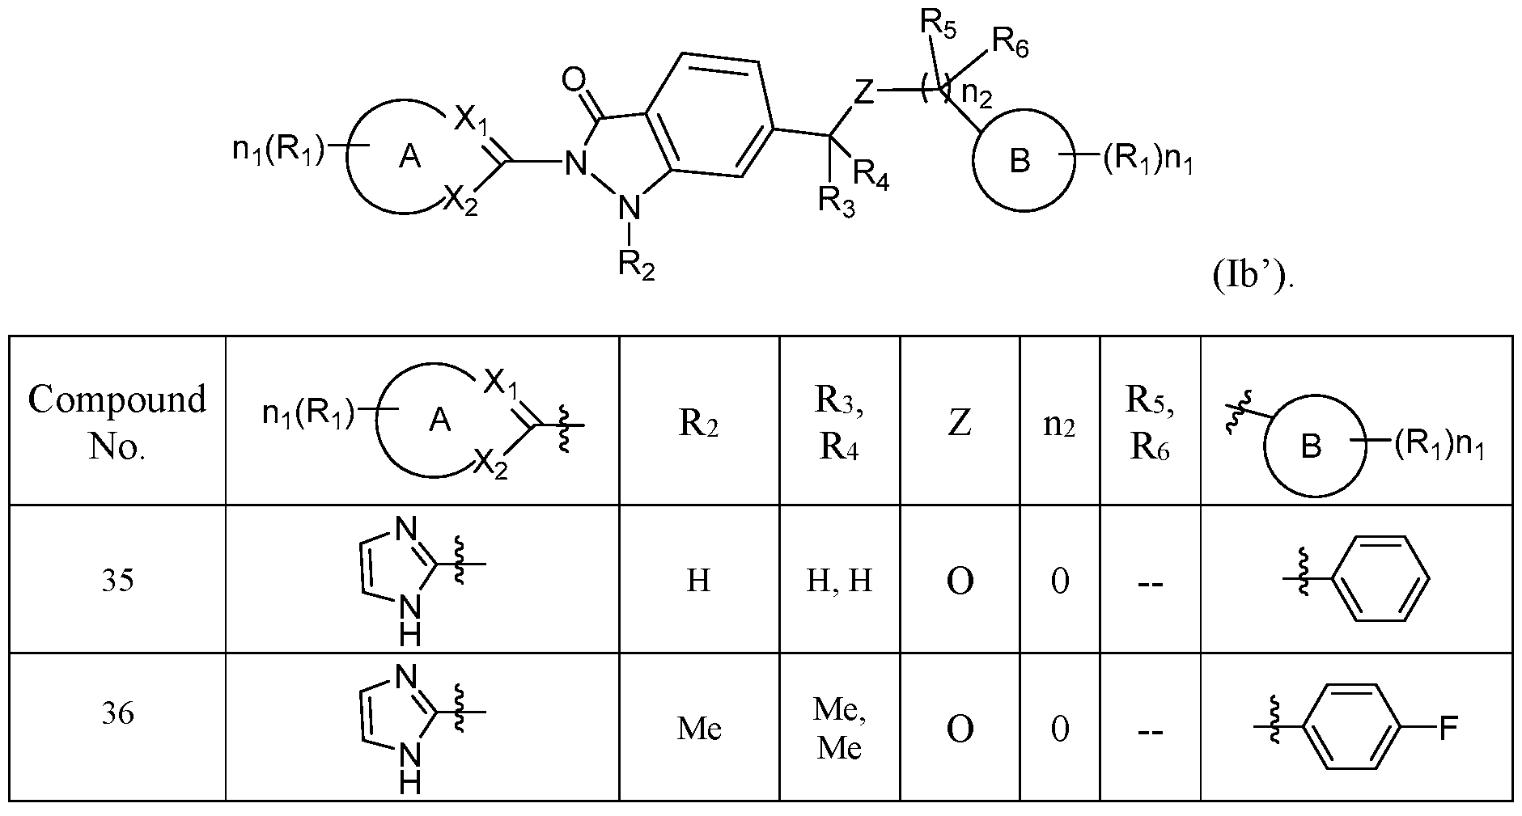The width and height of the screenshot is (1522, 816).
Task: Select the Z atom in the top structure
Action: (x=864, y=93)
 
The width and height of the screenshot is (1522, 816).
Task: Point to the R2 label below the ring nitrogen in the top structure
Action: (x=636, y=264)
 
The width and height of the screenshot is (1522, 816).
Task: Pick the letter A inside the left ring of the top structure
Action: (x=410, y=158)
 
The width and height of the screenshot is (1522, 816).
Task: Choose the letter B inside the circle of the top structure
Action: (x=1021, y=162)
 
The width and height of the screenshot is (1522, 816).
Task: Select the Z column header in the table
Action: (x=959, y=422)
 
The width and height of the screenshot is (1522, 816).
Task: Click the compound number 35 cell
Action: (x=117, y=581)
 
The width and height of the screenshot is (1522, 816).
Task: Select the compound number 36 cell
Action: (x=117, y=713)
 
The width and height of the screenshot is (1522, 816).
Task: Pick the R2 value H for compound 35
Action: (x=697, y=581)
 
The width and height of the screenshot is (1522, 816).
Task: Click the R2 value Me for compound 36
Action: (x=699, y=729)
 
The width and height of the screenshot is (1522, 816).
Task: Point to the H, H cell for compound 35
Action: (x=839, y=581)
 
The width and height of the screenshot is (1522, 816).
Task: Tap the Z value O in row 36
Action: (x=960, y=729)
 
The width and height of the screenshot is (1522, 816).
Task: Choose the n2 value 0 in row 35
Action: (x=1059, y=581)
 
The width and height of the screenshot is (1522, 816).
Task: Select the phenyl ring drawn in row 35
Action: (x=1378, y=579)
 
